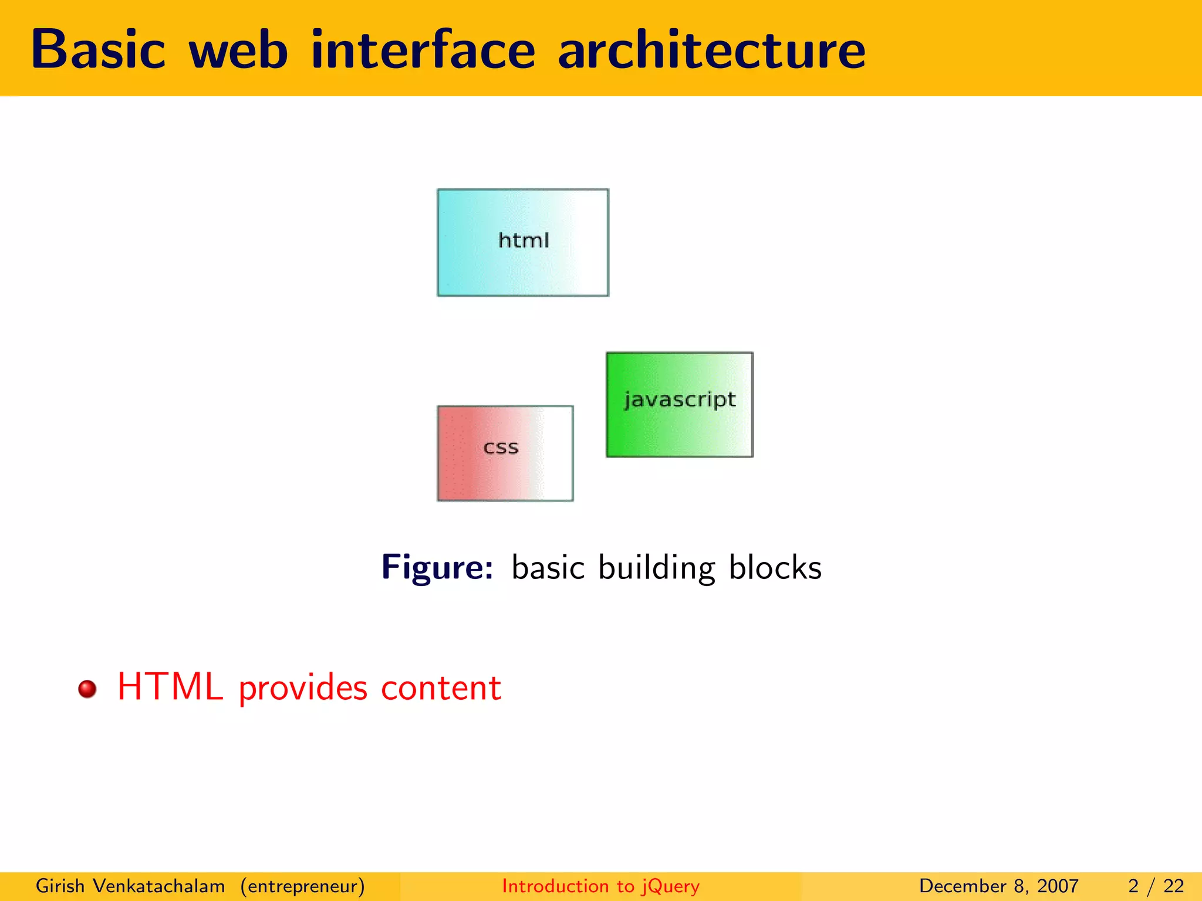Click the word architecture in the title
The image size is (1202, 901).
click(x=711, y=50)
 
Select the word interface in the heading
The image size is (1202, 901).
click(x=423, y=50)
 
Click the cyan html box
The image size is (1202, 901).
click(x=522, y=242)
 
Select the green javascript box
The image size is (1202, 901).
click(x=679, y=404)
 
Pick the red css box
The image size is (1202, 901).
click(x=505, y=453)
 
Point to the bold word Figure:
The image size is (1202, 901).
click(x=437, y=567)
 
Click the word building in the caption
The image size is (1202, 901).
click(x=657, y=568)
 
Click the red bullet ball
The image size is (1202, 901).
click(x=87, y=689)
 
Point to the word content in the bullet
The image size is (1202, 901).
click(x=441, y=687)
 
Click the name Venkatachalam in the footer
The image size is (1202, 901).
click(x=158, y=886)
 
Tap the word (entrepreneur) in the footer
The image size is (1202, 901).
click(x=302, y=886)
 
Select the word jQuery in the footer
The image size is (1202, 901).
click(x=670, y=886)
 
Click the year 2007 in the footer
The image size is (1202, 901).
click(x=1058, y=886)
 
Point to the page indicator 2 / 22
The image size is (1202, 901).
click(x=1156, y=886)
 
